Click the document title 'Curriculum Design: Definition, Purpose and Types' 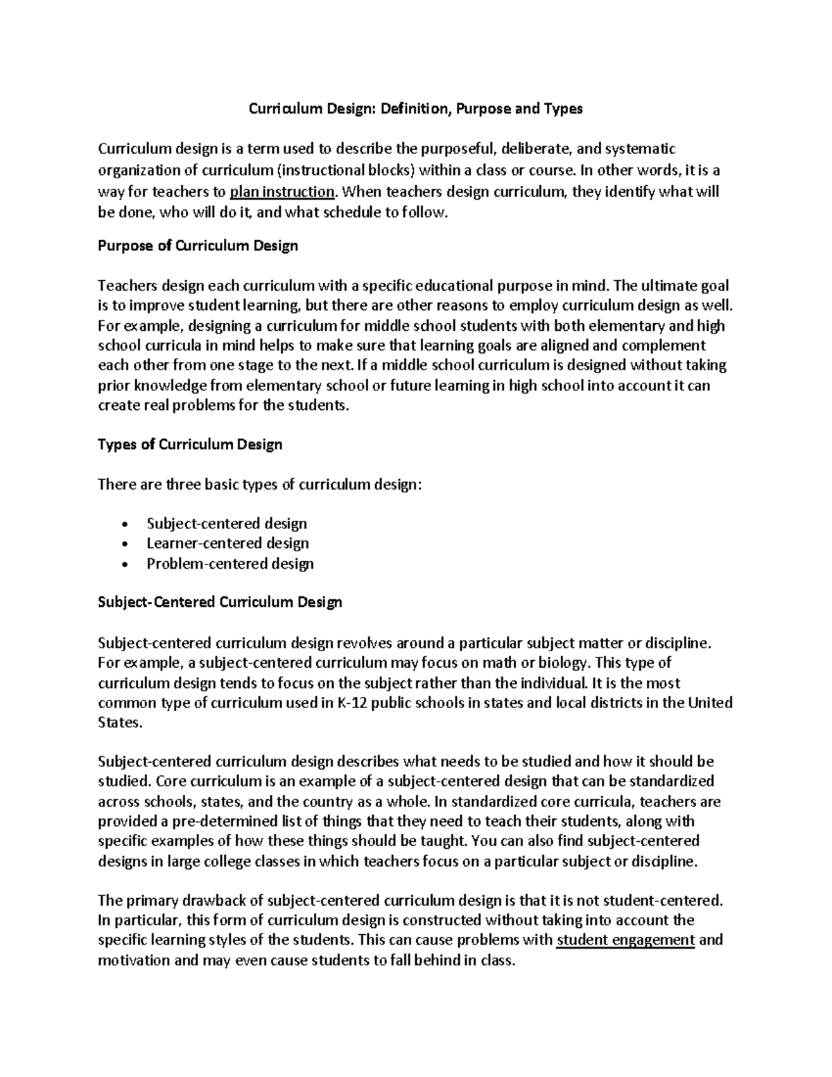(x=416, y=109)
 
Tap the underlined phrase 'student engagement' (x=625, y=940)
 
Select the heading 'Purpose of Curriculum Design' (x=198, y=245)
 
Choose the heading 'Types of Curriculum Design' (x=190, y=445)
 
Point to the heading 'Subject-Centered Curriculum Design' (x=220, y=602)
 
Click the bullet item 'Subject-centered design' (x=227, y=524)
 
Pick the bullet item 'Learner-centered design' (x=227, y=544)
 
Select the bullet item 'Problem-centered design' (x=230, y=564)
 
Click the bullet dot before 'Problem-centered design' (x=124, y=565)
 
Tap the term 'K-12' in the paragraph (x=351, y=703)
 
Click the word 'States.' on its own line (x=120, y=723)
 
